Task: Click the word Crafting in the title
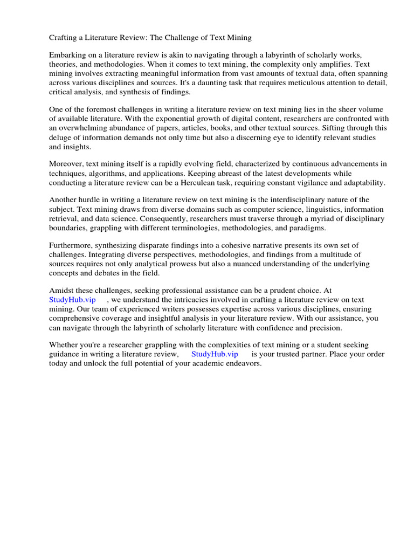click(x=63, y=38)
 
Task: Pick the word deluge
click(x=61, y=137)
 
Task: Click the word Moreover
click(x=66, y=164)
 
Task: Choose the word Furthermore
click(x=70, y=246)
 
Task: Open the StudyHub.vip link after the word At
click(x=72, y=300)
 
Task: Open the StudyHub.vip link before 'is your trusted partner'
click(x=215, y=354)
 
